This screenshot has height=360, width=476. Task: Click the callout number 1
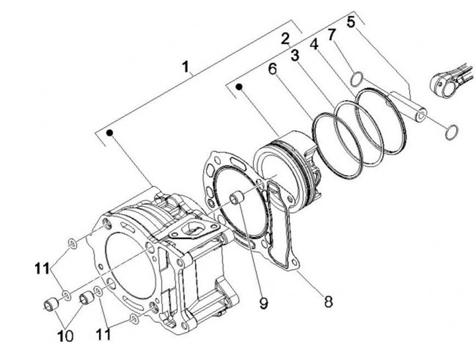187,67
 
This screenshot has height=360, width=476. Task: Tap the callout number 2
285,38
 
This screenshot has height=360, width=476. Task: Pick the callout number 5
350,21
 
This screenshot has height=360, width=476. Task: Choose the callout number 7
332,32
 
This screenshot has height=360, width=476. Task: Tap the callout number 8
327,302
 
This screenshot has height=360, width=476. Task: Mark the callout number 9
263,303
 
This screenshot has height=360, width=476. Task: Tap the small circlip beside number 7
356,79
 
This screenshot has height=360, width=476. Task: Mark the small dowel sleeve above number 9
235,198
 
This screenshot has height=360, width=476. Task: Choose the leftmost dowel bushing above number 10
52,305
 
